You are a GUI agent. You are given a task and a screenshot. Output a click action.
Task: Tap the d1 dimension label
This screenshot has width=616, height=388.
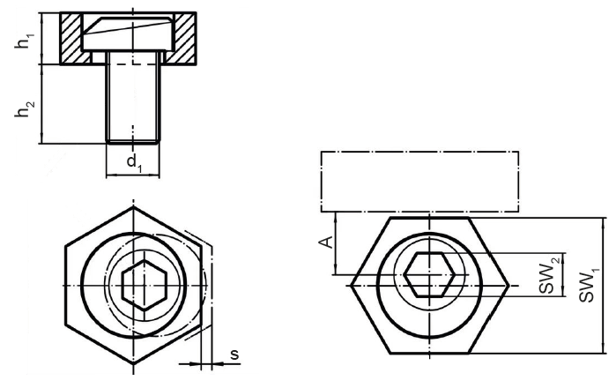click(133, 163)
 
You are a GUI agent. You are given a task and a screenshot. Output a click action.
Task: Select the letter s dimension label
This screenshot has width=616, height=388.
click(234, 354)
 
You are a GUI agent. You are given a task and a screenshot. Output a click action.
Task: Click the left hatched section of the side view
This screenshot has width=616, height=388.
click(72, 40)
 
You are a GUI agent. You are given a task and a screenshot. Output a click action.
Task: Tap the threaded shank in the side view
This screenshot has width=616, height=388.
click(133, 101)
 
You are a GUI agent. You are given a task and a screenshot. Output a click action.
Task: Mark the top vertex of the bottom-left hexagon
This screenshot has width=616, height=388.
click(134, 210)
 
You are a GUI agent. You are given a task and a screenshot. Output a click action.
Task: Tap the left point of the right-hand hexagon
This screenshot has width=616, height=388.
click(351, 285)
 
